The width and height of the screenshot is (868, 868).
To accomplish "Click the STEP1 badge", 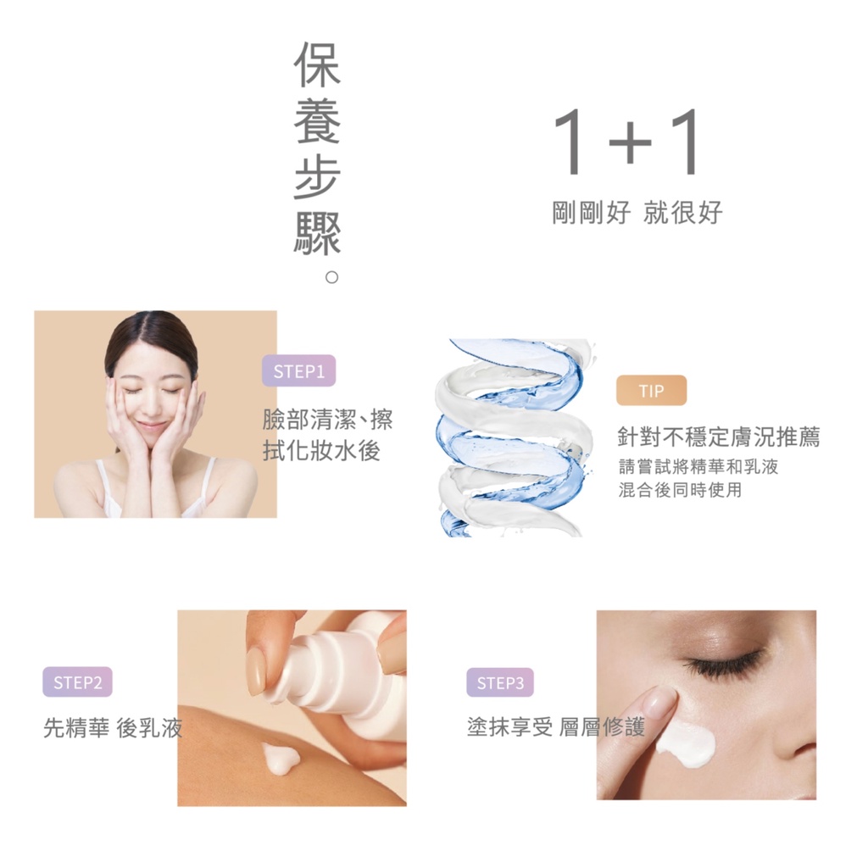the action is click(299, 370).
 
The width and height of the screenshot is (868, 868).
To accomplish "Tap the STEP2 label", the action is click(77, 682).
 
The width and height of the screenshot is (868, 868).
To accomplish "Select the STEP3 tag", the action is click(500, 682).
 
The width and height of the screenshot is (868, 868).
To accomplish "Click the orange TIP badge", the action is click(652, 390).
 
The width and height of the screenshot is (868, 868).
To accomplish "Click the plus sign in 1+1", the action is click(630, 142).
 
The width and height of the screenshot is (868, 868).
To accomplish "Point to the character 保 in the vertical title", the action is click(317, 64).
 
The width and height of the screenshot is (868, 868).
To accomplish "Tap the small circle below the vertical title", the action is click(331, 277).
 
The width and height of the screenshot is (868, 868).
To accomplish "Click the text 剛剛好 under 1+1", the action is click(591, 213).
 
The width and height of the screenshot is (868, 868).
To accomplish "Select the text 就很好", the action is click(682, 213).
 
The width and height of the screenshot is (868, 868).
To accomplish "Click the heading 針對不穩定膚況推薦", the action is click(719, 437).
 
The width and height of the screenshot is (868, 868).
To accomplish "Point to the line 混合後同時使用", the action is click(680, 489).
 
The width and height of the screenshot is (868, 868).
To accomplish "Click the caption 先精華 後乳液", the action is click(113, 727).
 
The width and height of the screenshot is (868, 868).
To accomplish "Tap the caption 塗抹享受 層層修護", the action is click(556, 726).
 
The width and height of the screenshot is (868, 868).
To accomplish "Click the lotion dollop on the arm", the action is click(280, 757).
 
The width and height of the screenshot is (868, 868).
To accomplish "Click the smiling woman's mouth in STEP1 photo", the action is click(151, 427).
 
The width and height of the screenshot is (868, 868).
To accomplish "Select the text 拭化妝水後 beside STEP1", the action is click(321, 451).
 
